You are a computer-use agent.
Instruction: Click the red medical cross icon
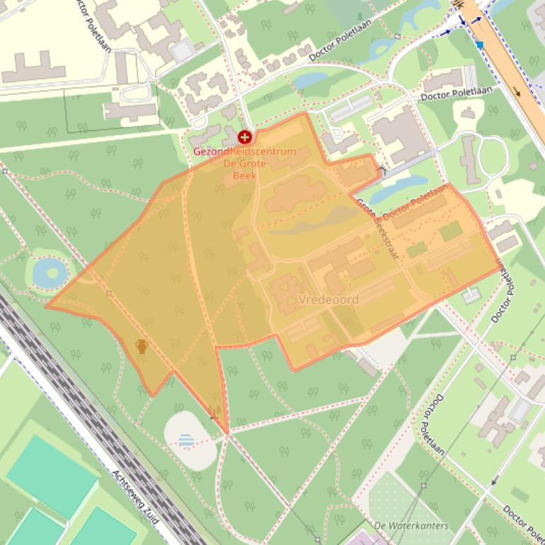245,137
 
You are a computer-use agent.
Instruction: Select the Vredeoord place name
329,299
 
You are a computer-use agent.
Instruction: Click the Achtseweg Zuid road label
137,502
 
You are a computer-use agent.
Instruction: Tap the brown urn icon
142,346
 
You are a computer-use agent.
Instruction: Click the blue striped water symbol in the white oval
186,440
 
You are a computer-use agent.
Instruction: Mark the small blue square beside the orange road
480,45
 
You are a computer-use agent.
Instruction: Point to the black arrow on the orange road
515,91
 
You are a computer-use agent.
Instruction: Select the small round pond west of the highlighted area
48,272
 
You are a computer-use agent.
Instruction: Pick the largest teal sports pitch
51,476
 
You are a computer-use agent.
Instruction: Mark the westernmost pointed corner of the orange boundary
47,306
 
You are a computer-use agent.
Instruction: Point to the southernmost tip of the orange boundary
227,432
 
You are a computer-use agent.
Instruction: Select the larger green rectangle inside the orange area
451,231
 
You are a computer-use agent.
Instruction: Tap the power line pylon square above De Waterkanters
424,486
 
